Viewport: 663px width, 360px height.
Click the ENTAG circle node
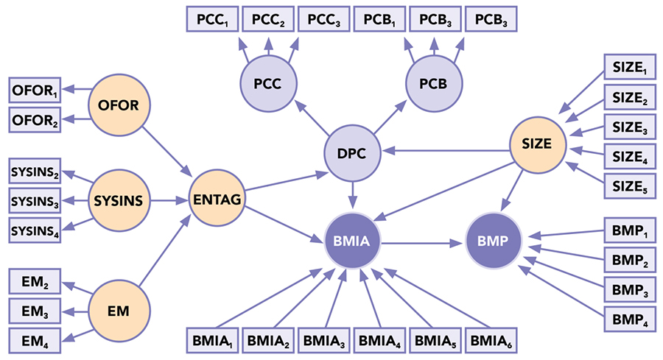click(x=217, y=199)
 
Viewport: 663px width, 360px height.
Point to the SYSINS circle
click(x=118, y=199)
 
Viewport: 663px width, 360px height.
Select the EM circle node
click(x=118, y=311)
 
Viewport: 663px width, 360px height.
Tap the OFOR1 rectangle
click(x=35, y=92)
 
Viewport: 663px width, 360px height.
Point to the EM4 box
click(x=35, y=339)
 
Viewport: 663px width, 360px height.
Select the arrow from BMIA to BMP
click(x=424, y=240)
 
